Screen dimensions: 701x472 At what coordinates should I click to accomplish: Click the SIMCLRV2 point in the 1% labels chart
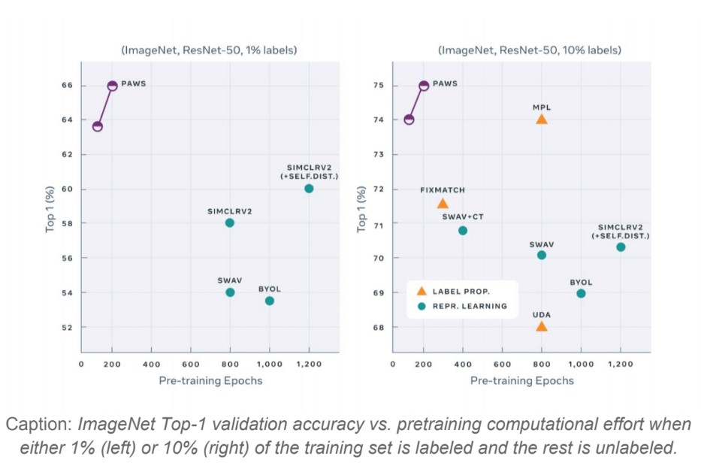230,222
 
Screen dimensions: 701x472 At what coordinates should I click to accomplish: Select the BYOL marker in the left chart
270,301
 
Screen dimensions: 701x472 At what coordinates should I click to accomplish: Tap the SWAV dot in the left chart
230,292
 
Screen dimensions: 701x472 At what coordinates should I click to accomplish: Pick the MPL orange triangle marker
542,120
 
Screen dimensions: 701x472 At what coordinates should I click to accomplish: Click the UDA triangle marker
542,326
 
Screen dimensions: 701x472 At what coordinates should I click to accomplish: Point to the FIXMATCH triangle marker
443,204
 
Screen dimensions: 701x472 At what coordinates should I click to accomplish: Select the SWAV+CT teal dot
463,230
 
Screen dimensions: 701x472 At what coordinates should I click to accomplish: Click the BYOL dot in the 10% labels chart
581,293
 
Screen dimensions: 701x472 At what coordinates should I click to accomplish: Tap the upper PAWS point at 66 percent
113,86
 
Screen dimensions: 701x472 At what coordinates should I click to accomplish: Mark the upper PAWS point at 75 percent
424,86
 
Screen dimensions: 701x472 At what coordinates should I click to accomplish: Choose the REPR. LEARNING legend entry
464,306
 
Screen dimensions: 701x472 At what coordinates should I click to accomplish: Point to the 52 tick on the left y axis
68,328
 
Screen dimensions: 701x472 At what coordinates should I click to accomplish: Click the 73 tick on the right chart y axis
379,155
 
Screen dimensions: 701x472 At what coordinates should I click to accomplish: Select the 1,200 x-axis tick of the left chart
309,364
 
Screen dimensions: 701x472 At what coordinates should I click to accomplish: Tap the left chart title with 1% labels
210,50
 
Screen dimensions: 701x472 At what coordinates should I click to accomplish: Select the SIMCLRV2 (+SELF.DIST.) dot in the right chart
621,247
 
